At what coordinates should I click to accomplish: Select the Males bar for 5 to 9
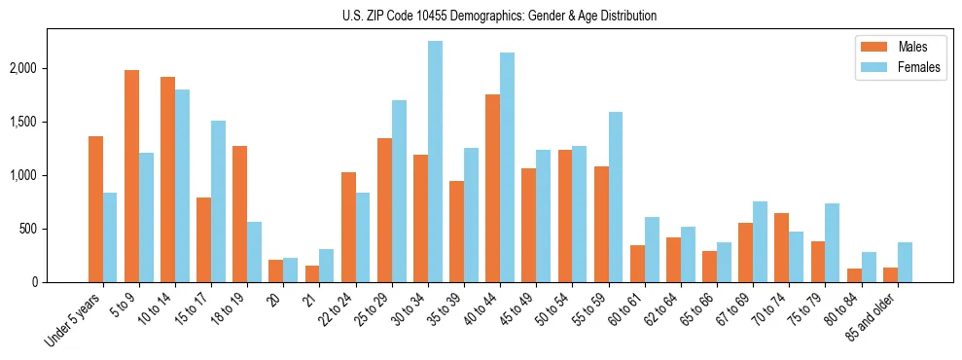(x=132, y=176)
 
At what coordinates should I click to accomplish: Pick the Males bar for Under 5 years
(x=95, y=209)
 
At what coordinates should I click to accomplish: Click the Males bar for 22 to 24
(x=348, y=227)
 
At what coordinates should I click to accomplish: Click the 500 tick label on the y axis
(x=50, y=229)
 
